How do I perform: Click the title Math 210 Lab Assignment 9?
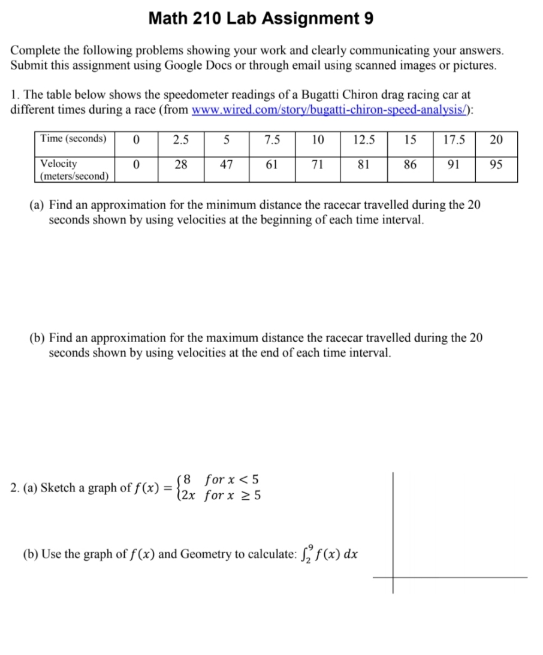[x=261, y=19]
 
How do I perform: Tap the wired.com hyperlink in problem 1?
[x=331, y=110]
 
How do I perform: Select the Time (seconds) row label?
[x=73, y=139]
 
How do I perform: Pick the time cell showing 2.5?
[x=180, y=140]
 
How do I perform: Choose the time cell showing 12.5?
[x=364, y=140]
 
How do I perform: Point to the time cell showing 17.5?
[x=453, y=140]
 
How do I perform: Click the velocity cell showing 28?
[x=180, y=164]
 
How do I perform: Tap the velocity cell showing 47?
[x=226, y=164]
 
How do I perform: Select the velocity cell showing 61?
[x=271, y=164]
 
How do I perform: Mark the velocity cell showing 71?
[x=318, y=164]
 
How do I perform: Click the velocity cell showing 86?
[x=410, y=164]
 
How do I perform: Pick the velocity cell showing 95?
[x=496, y=164]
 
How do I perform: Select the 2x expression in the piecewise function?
[x=191, y=496]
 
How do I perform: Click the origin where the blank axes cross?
[x=393, y=578]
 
